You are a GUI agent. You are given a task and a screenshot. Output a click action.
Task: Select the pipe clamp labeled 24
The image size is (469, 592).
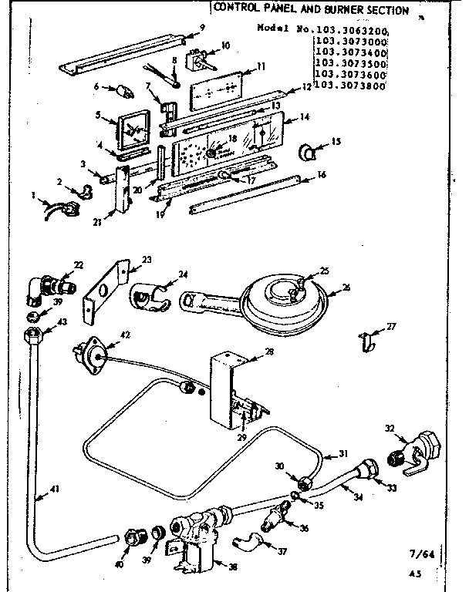(151, 296)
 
